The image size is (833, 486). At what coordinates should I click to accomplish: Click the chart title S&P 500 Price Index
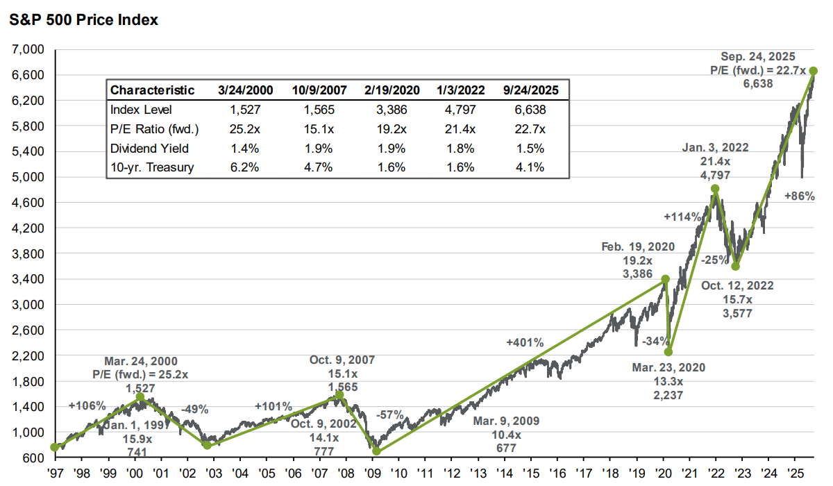click(x=83, y=20)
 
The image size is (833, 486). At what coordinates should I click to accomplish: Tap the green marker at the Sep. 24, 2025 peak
click(x=813, y=71)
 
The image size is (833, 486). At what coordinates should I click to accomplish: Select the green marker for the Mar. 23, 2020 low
click(x=668, y=352)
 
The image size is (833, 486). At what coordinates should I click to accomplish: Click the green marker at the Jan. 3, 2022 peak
click(x=715, y=189)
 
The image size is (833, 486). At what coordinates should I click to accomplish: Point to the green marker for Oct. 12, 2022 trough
click(x=736, y=267)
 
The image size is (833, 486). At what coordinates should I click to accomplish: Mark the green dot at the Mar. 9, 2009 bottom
click(x=376, y=451)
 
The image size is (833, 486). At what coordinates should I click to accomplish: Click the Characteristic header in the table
click(x=152, y=90)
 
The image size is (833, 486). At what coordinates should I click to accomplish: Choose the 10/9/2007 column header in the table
click(x=319, y=90)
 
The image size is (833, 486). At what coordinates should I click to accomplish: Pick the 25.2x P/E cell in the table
click(x=245, y=128)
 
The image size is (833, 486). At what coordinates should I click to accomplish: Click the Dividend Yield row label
click(x=149, y=148)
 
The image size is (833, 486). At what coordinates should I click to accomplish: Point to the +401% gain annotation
click(x=525, y=342)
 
